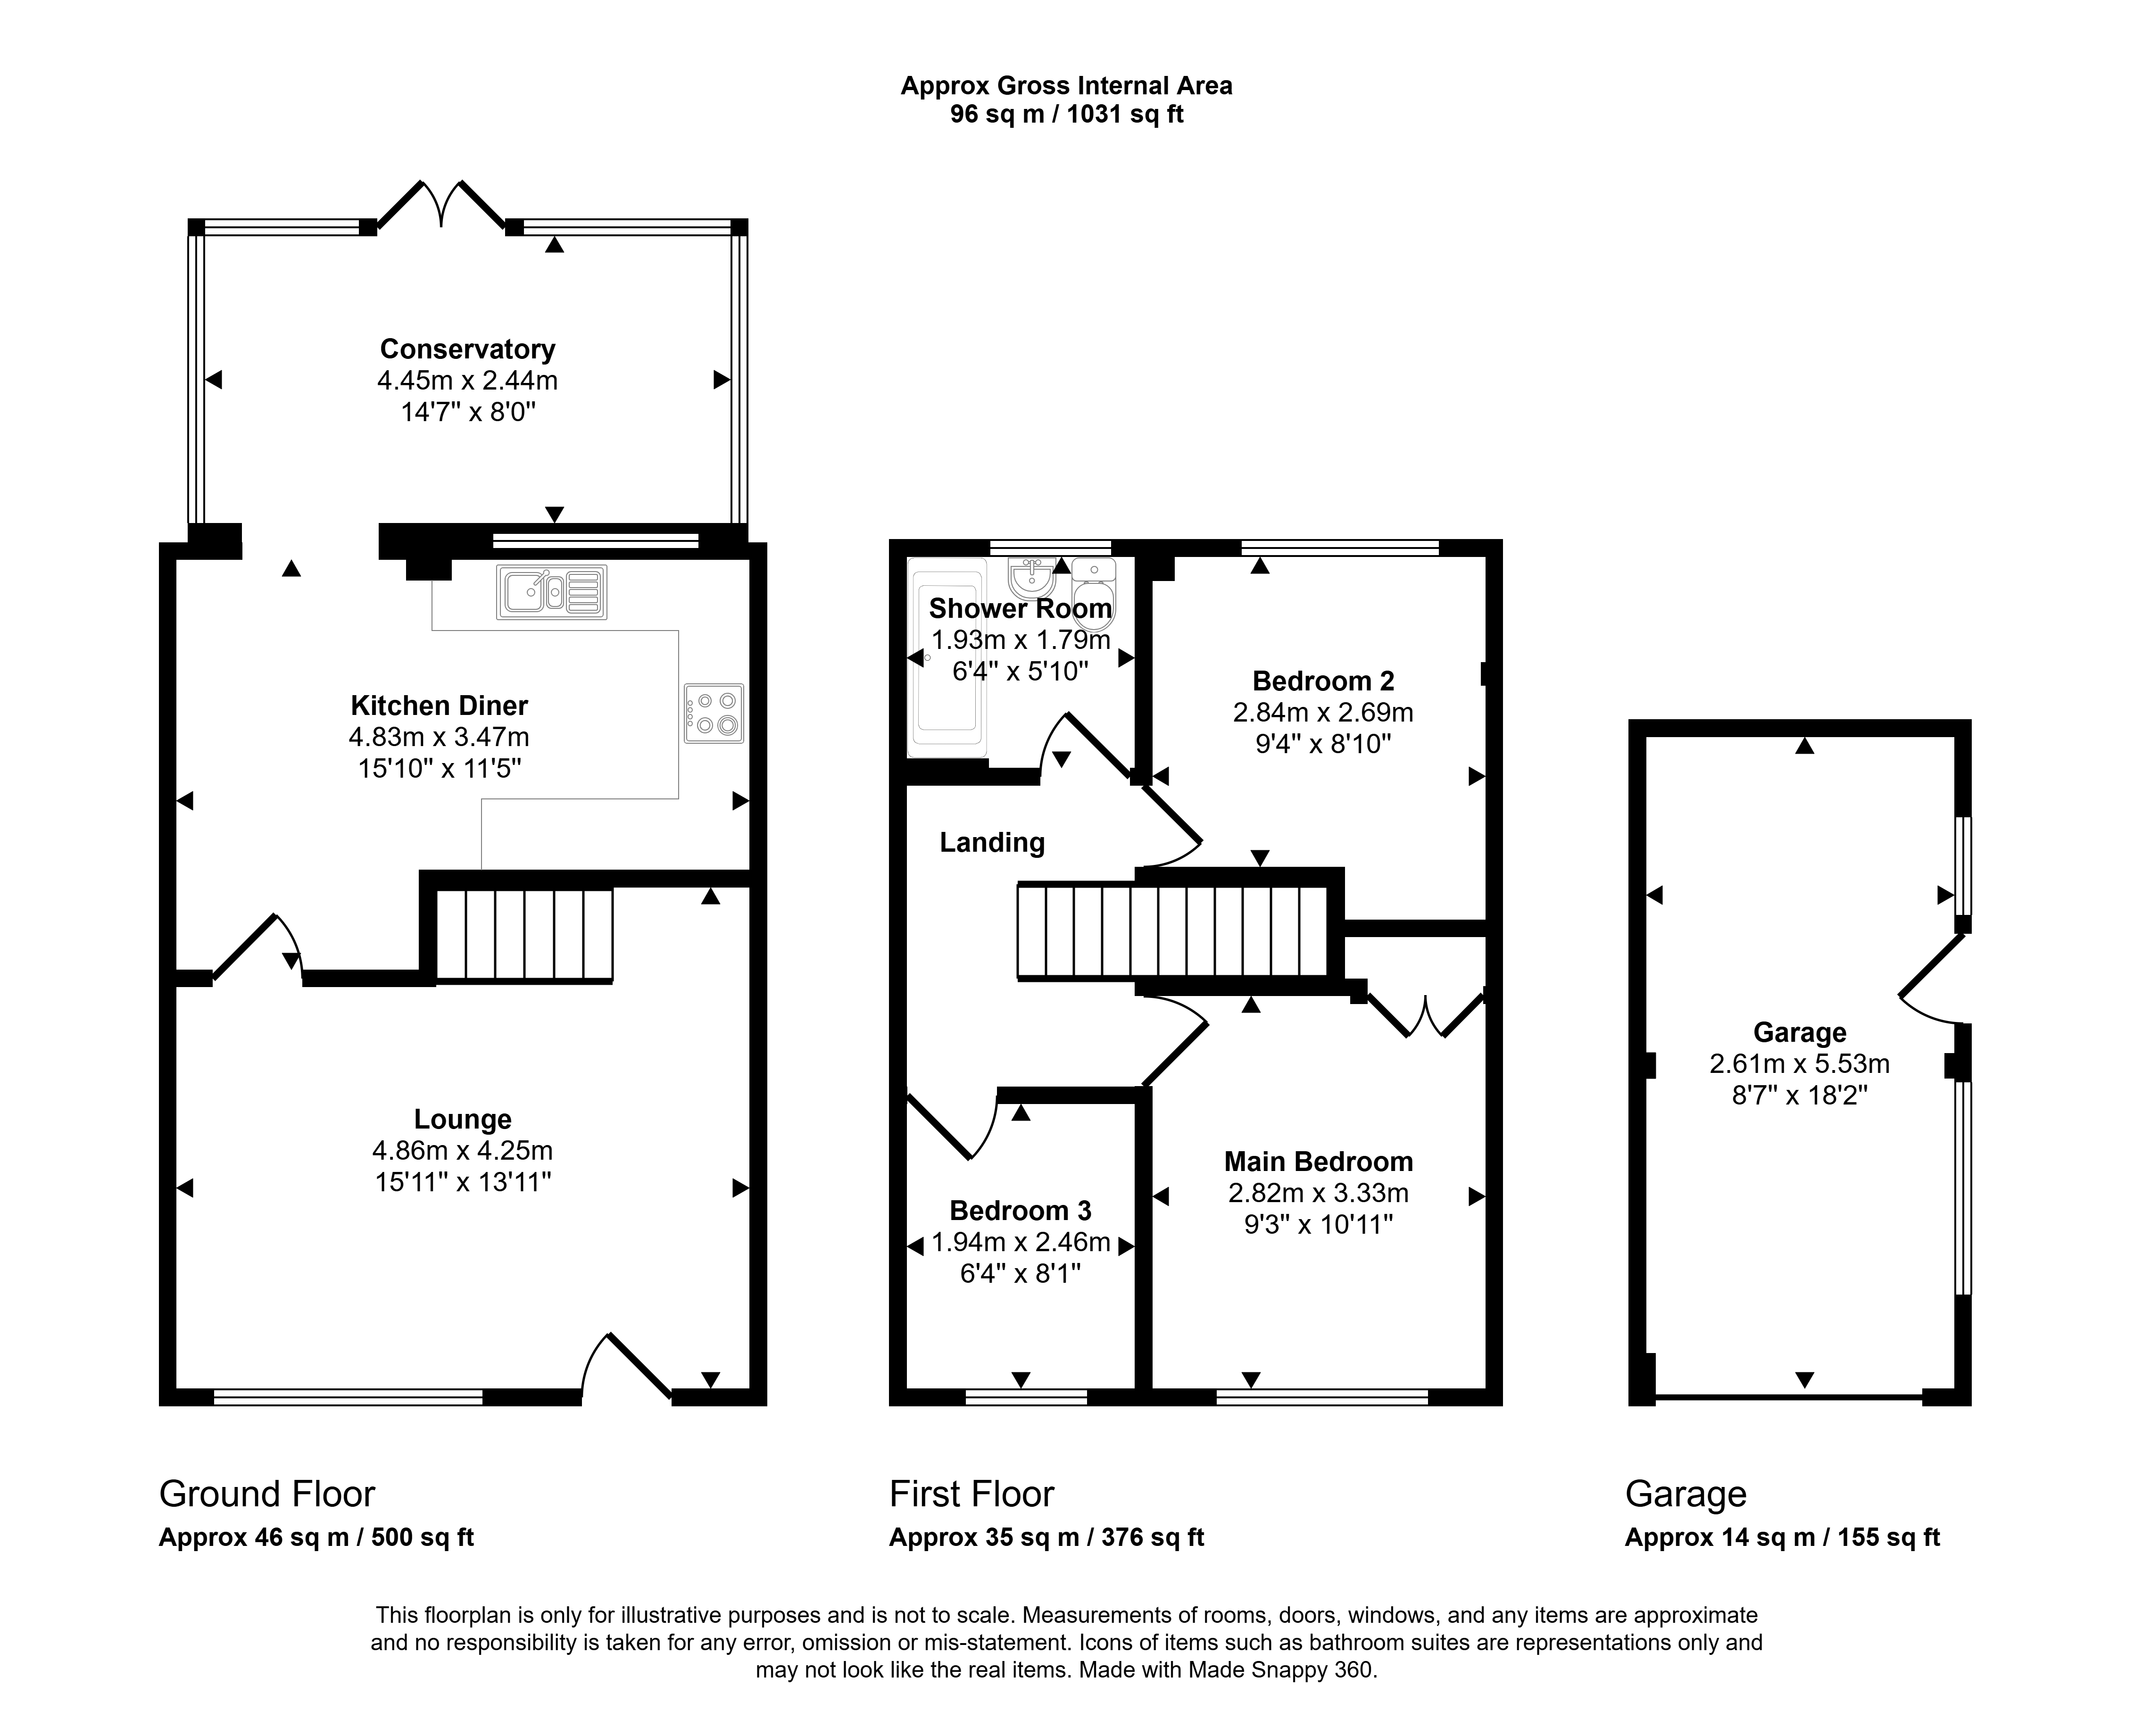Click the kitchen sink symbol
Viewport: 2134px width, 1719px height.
[x=552, y=592]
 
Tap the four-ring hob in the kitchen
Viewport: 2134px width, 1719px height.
[x=713, y=713]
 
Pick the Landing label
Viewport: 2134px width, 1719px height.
[x=992, y=843]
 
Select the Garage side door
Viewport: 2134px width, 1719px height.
[x=1931, y=980]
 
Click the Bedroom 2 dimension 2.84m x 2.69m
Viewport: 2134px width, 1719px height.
[x=1323, y=712]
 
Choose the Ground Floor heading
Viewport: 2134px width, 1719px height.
[x=267, y=1493]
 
